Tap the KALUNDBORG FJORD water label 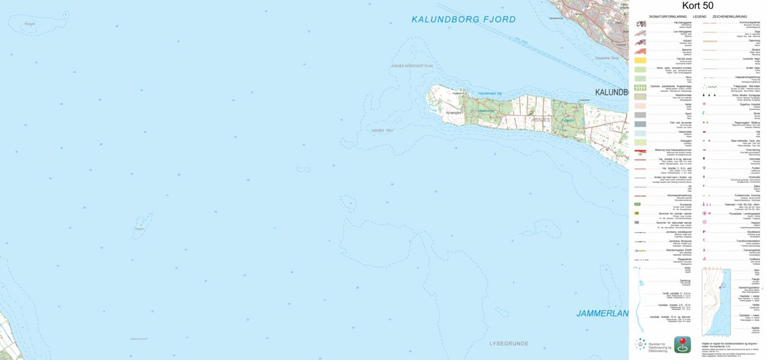pyautogui.click(x=463, y=20)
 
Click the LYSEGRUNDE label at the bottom pyautogui.click(x=509, y=343)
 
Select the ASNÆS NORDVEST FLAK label pyautogui.click(x=413, y=66)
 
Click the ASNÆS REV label pyautogui.click(x=383, y=130)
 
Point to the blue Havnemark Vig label pyautogui.click(x=473, y=93)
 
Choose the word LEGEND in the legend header pyautogui.click(x=699, y=15)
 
